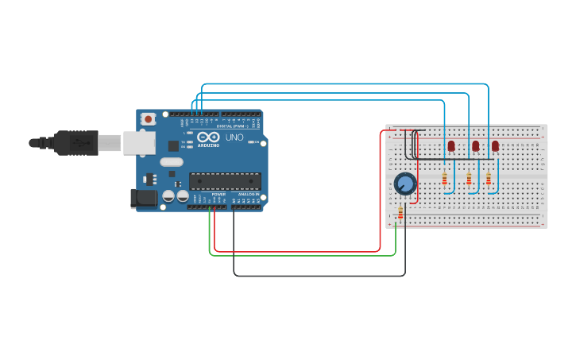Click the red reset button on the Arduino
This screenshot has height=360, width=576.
(149, 119)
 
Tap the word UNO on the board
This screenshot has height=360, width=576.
(234, 137)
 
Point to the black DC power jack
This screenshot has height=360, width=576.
(143, 198)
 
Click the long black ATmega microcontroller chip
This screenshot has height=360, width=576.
(225, 181)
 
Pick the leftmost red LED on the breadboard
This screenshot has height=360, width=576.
(451, 145)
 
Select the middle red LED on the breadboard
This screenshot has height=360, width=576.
(475, 145)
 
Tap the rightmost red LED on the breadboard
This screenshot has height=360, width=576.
(495, 145)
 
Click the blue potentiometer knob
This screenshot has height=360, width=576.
(405, 184)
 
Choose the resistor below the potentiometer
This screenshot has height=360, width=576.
(400, 213)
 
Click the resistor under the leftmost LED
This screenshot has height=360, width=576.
(444, 179)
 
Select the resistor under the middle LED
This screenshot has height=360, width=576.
(469, 179)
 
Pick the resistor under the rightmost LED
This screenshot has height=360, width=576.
(488, 179)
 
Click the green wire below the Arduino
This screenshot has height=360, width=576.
(302, 255)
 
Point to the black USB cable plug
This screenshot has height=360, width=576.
(72, 142)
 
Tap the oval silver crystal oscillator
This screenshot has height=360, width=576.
(171, 162)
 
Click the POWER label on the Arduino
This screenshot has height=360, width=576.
(218, 194)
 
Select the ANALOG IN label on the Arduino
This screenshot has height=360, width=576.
(247, 194)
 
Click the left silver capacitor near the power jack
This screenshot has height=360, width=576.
(168, 195)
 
